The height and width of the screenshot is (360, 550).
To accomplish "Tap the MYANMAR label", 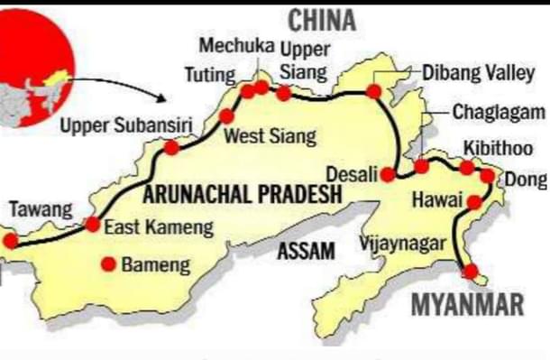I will click(x=467, y=304).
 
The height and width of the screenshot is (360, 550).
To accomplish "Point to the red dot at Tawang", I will click(x=10, y=241).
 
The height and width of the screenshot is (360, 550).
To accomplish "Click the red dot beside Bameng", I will click(x=108, y=264).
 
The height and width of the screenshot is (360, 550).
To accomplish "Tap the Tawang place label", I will click(x=40, y=209).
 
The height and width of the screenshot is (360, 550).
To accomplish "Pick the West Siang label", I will click(x=270, y=137).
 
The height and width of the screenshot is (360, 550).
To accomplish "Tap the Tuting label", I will click(x=210, y=76).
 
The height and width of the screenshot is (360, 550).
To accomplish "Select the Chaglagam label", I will click(x=498, y=113).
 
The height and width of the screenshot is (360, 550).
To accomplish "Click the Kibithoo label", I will click(x=498, y=148).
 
